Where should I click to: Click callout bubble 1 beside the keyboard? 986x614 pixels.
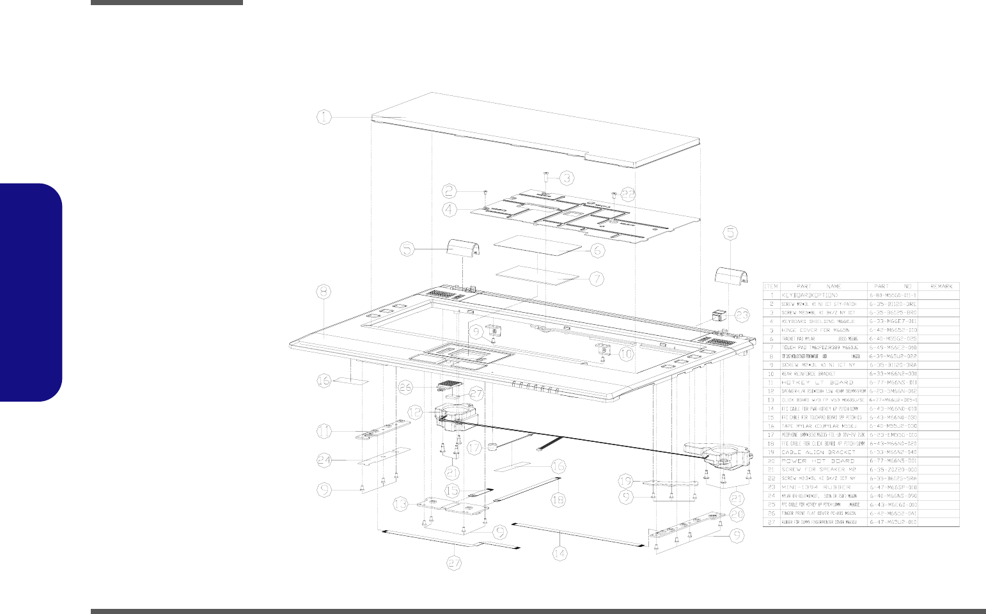pyautogui.click(x=325, y=116)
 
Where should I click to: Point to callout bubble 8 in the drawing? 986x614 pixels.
pyautogui.click(x=325, y=291)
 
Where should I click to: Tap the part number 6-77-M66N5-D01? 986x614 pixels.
pyautogui.click(x=893, y=460)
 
